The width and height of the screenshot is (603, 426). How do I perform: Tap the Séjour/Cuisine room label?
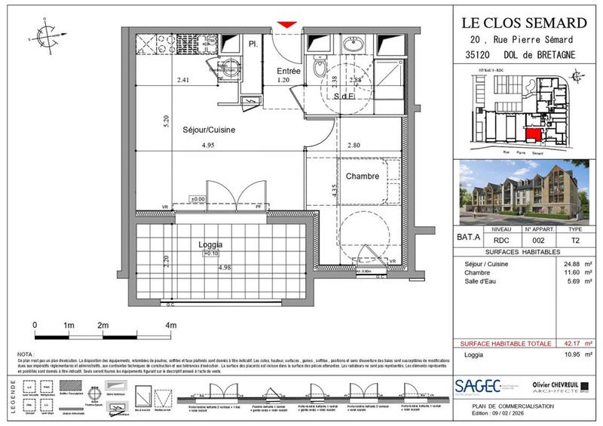tap(209, 130)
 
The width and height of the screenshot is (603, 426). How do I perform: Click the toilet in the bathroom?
tap(323, 72)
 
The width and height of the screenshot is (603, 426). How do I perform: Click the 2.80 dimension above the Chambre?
tap(354, 146)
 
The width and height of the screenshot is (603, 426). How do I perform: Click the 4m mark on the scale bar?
tap(171, 325)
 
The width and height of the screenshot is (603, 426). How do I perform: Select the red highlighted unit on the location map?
tap(533, 135)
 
